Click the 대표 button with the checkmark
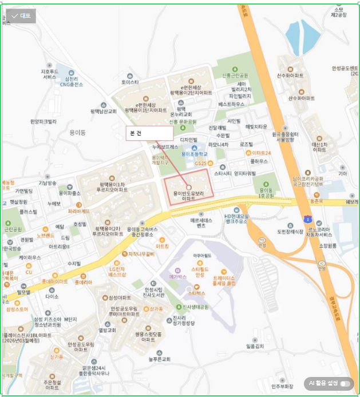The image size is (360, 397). pyautogui.click(x=22, y=16)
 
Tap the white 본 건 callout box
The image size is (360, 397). pyautogui.click(x=149, y=133)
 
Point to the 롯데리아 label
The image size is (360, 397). pyautogui.click(x=83, y=283)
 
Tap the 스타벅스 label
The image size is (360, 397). pyautogui.click(x=196, y=293)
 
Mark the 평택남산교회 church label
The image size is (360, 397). pyautogui.click(x=104, y=111)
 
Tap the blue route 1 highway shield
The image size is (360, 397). pyautogui.click(x=308, y=219)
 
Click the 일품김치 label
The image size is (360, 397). pyautogui.click(x=255, y=346)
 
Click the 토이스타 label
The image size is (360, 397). pyautogui.click(x=130, y=82)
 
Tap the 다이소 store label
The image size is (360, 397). pyautogui.click(x=52, y=297)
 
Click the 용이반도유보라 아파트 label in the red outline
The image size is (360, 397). pyautogui.click(x=189, y=196)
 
